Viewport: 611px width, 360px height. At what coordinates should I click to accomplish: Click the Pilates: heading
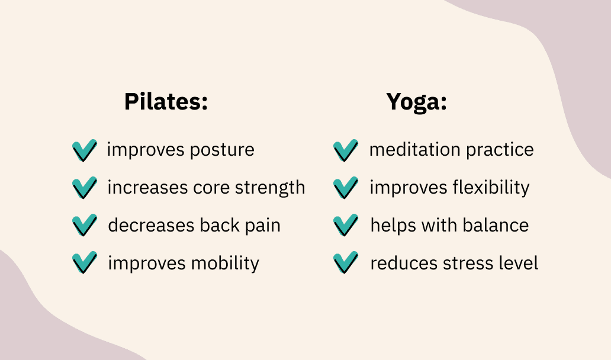tap(166, 102)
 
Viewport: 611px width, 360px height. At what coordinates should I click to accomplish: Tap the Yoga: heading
tap(416, 102)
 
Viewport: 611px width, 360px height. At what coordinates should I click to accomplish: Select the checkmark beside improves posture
tap(84, 150)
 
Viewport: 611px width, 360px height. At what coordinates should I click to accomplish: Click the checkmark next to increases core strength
tap(84, 188)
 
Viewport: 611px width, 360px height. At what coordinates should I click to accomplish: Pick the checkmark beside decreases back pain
tap(84, 226)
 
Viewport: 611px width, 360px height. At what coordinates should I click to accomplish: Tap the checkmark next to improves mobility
tap(84, 262)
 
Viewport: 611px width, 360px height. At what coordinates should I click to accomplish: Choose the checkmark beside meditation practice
tap(346, 150)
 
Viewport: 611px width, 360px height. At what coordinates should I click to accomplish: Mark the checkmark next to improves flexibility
tap(346, 188)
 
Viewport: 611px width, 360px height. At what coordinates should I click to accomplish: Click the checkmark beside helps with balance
tap(346, 226)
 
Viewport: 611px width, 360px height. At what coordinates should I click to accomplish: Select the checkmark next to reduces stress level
tap(346, 262)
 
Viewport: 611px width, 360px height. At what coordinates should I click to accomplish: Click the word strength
tap(270, 188)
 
